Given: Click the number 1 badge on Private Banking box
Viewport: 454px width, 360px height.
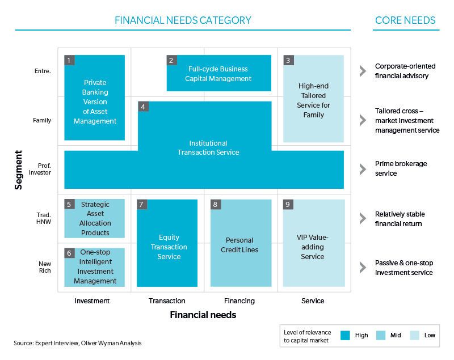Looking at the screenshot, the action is coord(69,60).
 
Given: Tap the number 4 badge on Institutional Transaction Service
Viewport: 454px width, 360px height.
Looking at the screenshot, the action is coord(143,107).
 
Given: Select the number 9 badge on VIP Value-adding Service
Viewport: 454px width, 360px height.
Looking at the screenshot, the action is coord(288,205).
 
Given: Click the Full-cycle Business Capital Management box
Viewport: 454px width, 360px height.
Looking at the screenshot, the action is coord(219,73).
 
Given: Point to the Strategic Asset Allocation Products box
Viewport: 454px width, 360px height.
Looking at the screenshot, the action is coord(94,219).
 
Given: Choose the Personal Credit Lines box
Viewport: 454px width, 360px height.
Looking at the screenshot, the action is coord(241,243).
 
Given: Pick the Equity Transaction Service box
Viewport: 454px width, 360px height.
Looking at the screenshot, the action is coord(167,243).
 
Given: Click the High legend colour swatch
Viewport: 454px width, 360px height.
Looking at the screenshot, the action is coord(345,336).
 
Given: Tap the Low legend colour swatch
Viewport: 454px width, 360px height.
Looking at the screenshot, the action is coord(415,336).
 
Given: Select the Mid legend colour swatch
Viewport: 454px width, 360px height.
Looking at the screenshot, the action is coord(381,336).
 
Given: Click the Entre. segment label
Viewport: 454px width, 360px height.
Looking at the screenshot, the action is coord(43,71).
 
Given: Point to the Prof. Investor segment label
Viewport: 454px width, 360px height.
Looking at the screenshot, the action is coord(40,169).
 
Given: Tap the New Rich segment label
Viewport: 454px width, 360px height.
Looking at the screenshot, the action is coord(45,267).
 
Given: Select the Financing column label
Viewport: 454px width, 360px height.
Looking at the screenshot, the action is coord(239,301).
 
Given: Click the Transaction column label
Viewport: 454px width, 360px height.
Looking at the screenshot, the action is coord(167,301).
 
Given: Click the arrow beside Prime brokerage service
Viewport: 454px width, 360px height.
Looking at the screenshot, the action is coord(363,169).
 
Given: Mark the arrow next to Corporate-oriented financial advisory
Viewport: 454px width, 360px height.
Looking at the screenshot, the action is coord(363,71).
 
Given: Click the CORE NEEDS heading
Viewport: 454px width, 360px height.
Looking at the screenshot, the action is coord(405,20).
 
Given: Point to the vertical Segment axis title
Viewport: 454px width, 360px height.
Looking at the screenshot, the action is coord(18,170).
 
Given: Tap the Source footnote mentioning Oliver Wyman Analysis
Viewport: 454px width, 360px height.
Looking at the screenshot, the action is coord(78,343).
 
